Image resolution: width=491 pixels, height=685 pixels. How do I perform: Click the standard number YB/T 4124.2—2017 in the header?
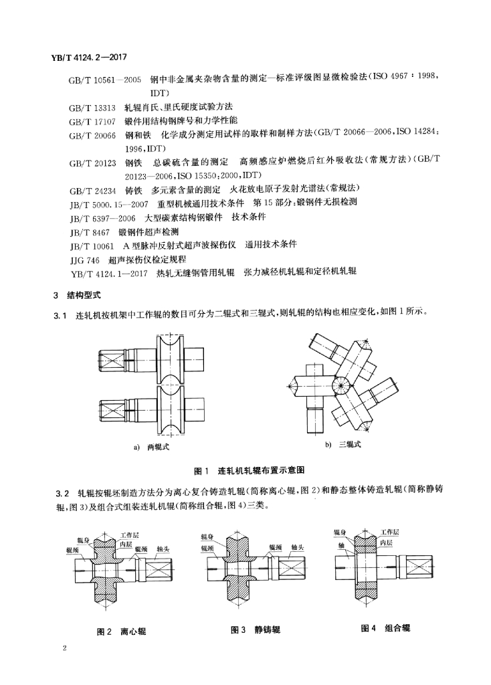point(85,58)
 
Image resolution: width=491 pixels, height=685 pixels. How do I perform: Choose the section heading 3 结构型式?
point(77,295)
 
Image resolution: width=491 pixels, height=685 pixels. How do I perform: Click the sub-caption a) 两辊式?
point(152,447)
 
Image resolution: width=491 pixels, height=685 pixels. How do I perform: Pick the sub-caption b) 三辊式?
point(343,445)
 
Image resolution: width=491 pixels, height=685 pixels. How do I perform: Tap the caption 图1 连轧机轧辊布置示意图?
point(249,470)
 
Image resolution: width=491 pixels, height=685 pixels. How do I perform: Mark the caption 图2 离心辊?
point(122,631)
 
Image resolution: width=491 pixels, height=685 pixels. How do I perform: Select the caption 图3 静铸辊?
point(255,629)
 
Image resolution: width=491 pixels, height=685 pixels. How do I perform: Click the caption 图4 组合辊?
point(385,628)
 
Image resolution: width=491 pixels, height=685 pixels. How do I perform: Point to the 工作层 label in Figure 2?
point(130,536)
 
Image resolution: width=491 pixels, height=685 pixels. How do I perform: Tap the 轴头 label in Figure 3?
point(297,547)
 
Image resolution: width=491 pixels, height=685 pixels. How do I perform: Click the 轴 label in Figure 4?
point(340,546)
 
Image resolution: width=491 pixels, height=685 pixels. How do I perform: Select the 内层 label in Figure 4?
point(386,543)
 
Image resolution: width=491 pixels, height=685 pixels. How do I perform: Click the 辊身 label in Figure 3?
point(207,536)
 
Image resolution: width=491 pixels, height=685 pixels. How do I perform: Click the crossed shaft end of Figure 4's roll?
point(421,571)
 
